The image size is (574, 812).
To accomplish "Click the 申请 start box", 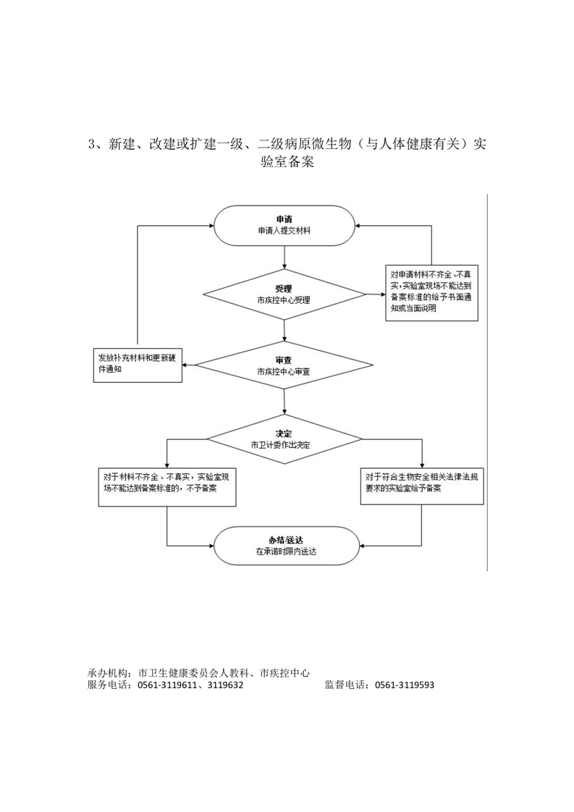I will tap(284, 226).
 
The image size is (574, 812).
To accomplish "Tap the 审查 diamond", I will tap(284, 365).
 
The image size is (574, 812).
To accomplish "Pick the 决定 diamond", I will tap(284, 439).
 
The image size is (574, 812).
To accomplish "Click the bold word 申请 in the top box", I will tap(284, 219).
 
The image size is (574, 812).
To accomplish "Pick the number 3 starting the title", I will tap(92, 144).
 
